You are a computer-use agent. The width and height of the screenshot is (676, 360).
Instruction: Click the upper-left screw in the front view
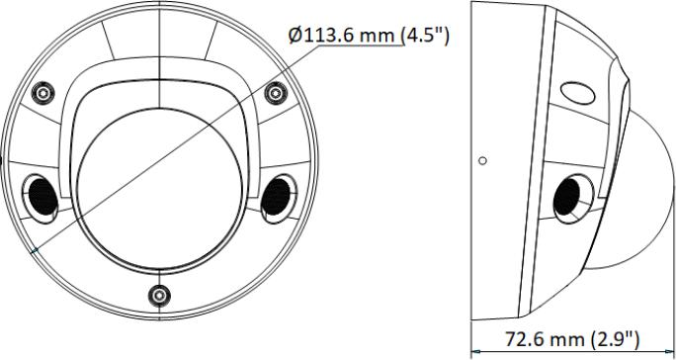[x=43, y=92]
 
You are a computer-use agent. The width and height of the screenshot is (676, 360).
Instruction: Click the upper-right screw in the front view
[x=276, y=92]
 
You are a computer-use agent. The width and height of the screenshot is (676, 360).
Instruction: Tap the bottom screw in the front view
[x=159, y=296]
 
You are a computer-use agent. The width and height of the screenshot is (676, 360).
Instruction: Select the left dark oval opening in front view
[x=42, y=198]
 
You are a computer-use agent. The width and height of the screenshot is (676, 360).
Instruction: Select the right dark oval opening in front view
[x=278, y=198]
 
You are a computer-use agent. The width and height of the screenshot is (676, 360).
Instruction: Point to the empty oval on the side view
[x=578, y=93]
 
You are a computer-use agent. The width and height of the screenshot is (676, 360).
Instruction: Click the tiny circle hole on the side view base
[x=483, y=160]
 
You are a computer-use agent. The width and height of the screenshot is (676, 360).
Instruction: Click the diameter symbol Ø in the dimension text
[x=296, y=36]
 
